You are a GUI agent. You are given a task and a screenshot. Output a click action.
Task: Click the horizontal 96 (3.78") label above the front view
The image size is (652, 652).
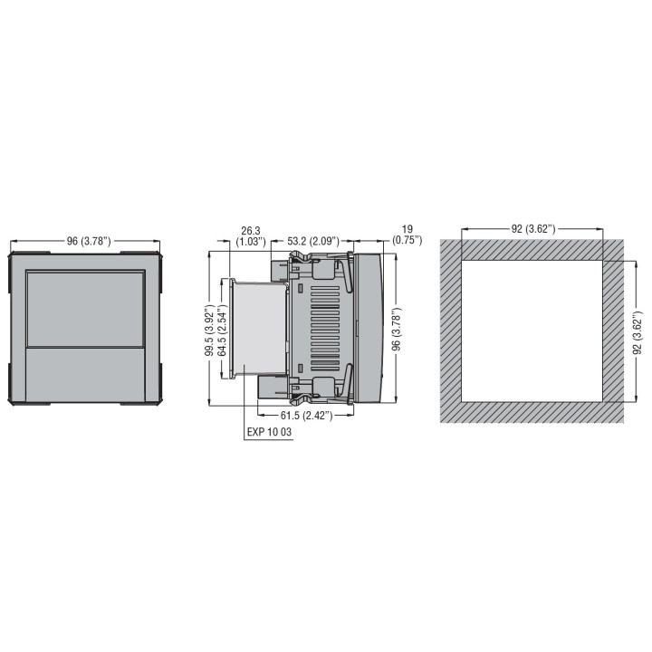(x=88, y=241)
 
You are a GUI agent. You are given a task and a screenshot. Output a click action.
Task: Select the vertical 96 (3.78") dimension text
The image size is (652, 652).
(x=397, y=329)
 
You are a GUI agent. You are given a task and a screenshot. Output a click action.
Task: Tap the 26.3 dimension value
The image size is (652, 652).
(x=251, y=230)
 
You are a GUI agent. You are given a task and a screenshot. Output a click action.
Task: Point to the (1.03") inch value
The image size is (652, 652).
(x=251, y=242)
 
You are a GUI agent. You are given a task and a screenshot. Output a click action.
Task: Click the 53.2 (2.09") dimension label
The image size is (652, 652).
(x=313, y=241)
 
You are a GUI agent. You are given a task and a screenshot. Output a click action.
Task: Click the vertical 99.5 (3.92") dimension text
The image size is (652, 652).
(x=208, y=329)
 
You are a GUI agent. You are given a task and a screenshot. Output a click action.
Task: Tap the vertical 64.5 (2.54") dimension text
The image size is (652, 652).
(x=222, y=329)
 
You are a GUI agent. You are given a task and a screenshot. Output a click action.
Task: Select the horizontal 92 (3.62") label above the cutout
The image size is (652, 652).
(x=532, y=228)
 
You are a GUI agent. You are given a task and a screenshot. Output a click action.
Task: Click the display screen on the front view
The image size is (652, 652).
(x=86, y=309)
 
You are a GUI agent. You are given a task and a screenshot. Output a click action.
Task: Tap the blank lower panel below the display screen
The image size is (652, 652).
(x=86, y=374)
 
